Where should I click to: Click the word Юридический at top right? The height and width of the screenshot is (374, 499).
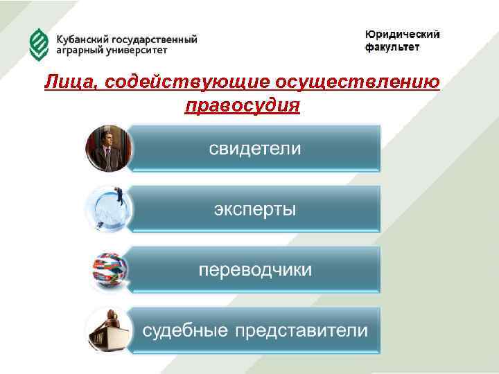pos(402,35)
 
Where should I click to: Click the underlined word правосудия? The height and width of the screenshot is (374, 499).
pos(242,106)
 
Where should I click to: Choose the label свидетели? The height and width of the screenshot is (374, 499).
pos(256,149)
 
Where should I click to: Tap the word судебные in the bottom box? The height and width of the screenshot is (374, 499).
pos(186,330)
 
